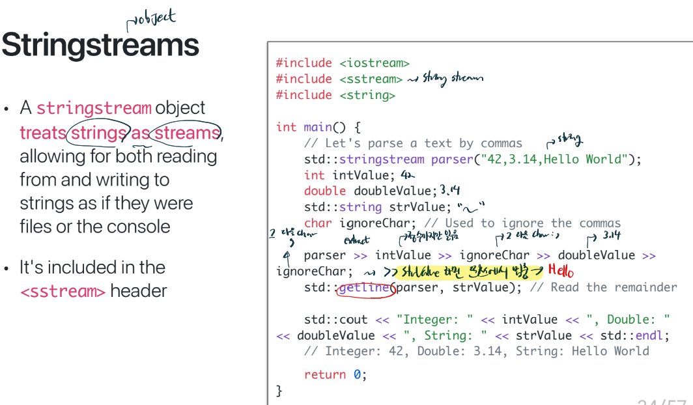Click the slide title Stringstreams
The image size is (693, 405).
[x=100, y=45]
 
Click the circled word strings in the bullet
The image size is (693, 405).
[x=98, y=133]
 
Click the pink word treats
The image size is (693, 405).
[x=43, y=133]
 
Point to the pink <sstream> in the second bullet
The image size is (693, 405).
[x=63, y=291]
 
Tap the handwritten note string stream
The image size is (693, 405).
[x=453, y=79]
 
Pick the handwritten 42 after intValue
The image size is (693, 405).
[x=408, y=175]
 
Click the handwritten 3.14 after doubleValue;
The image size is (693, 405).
[x=450, y=190]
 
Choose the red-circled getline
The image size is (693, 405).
[x=365, y=288]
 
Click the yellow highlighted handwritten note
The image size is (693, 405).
[x=469, y=272]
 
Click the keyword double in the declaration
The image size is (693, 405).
[x=325, y=191]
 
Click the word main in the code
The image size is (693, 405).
[x=318, y=127]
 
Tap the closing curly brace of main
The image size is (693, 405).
[x=279, y=390]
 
